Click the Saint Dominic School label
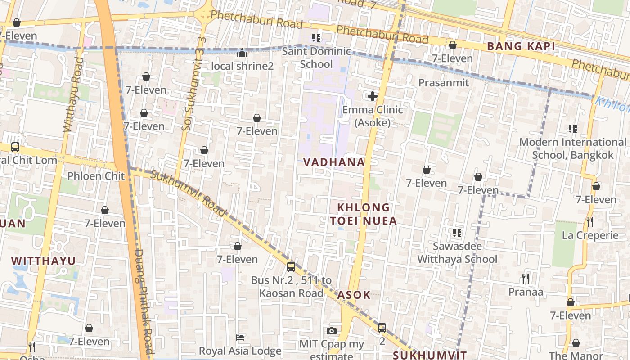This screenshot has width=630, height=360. click(316, 58)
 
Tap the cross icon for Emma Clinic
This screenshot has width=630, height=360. click(373, 96)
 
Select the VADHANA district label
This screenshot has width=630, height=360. click(333, 162)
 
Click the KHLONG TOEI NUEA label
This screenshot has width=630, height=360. click(364, 214)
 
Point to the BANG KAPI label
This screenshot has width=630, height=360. click(521, 46)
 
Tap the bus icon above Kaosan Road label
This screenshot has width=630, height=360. click(291, 266)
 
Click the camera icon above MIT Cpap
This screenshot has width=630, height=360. click(332, 331)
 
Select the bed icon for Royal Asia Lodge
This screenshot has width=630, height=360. click(240, 337)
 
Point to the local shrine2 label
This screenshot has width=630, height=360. click(242, 66)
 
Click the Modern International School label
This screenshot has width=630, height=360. click(572, 148)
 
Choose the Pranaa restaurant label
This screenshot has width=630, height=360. click(526, 292)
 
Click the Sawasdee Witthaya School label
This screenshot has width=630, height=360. click(457, 252)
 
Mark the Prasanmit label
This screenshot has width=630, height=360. click(443, 83)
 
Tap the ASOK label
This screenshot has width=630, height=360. click(354, 295)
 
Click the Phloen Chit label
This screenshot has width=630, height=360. click(96, 176)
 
